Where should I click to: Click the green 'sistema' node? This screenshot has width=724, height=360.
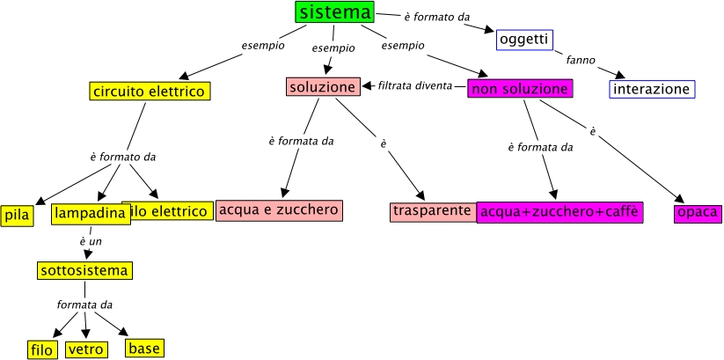(x=334, y=12)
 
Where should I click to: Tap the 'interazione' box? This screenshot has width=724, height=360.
(x=652, y=89)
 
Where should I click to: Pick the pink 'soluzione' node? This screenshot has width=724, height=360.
(x=323, y=87)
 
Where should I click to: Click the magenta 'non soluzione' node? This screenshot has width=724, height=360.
(x=520, y=89)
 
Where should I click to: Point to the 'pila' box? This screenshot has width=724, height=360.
(x=17, y=216)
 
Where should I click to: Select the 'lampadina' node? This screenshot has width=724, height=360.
(x=91, y=212)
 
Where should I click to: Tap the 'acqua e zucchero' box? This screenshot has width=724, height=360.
(x=278, y=210)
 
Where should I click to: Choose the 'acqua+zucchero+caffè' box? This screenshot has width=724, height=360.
(x=560, y=212)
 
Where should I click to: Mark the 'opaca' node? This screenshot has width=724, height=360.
(x=698, y=212)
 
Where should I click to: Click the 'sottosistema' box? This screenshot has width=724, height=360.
(x=84, y=270)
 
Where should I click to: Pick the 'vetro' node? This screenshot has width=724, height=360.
(x=87, y=349)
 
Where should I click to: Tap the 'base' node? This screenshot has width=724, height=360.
(x=144, y=348)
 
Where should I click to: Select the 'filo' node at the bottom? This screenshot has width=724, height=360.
(x=41, y=349)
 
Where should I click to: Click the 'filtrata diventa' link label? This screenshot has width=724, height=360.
(x=414, y=86)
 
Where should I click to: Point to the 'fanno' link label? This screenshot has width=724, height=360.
(x=581, y=60)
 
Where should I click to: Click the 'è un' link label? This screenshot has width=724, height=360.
(x=85, y=240)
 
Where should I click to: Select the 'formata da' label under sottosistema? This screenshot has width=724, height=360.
(x=84, y=305)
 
